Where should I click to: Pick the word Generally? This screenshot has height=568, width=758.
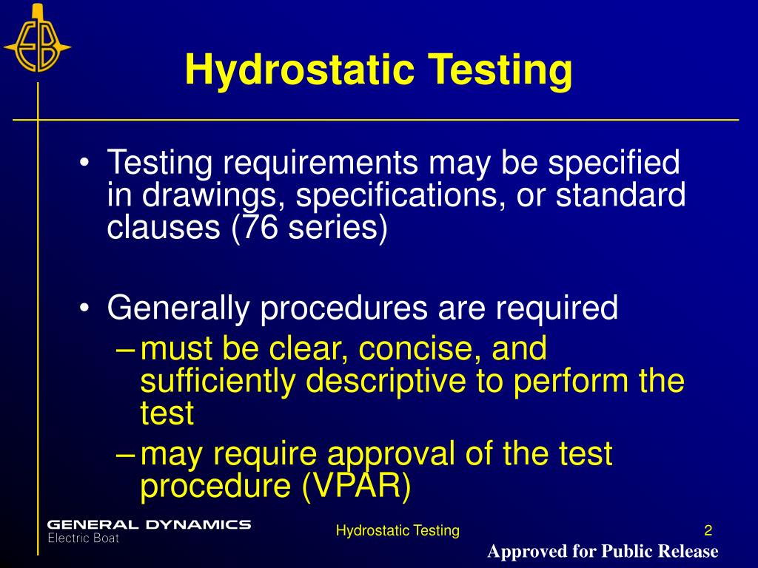(x=178, y=308)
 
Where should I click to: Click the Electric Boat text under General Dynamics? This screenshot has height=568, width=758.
(x=83, y=538)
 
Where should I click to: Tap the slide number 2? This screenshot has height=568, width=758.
(x=708, y=530)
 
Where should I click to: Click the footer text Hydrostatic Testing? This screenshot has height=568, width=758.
(x=398, y=530)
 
